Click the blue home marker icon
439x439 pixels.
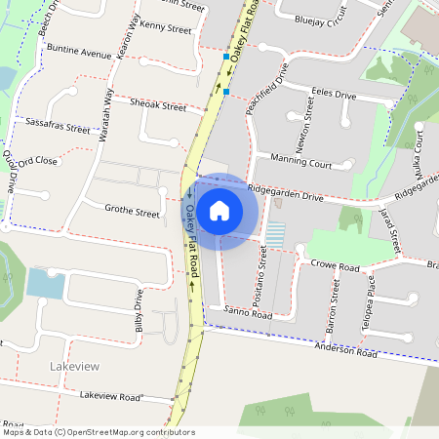219,210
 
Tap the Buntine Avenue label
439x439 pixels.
84,53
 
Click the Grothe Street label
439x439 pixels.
132,212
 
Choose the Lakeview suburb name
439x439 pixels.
73,365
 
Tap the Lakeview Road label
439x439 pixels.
111,396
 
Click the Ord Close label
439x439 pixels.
38,161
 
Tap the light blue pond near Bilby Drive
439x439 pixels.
46,284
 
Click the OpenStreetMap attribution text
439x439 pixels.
98,432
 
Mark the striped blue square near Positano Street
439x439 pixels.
276,234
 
